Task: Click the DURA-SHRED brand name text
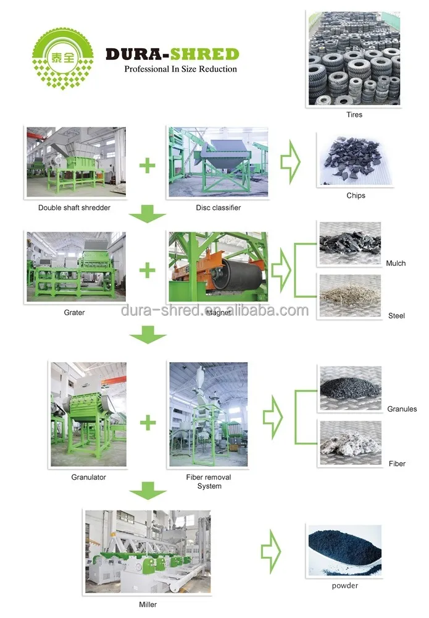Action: click(x=172, y=54)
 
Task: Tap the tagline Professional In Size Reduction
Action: click(x=180, y=69)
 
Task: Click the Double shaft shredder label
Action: click(x=74, y=208)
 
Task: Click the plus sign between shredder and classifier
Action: click(x=147, y=166)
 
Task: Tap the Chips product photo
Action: click(x=355, y=159)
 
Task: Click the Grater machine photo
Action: click(x=76, y=267)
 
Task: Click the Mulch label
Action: click(x=396, y=263)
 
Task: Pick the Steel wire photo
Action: click(x=350, y=296)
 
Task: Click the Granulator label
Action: click(x=88, y=477)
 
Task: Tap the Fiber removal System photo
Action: click(x=208, y=414)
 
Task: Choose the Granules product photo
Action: click(x=350, y=389)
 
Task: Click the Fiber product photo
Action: click(x=350, y=442)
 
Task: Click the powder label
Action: click(x=344, y=585)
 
